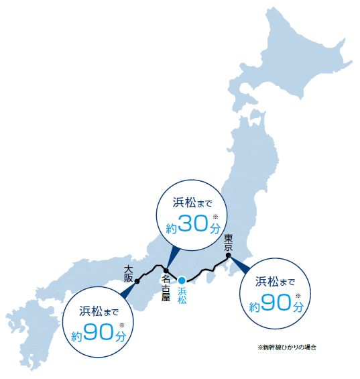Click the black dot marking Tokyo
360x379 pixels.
coord(229,254)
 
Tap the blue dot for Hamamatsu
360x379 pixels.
coord(182,280)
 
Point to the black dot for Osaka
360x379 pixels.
coord(137,280)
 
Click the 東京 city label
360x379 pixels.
coord(229,242)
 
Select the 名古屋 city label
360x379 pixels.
coord(166,287)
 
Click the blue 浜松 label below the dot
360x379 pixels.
coord(182,296)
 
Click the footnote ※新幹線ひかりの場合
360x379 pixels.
coord(286,347)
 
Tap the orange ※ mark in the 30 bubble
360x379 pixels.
coord(215,216)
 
